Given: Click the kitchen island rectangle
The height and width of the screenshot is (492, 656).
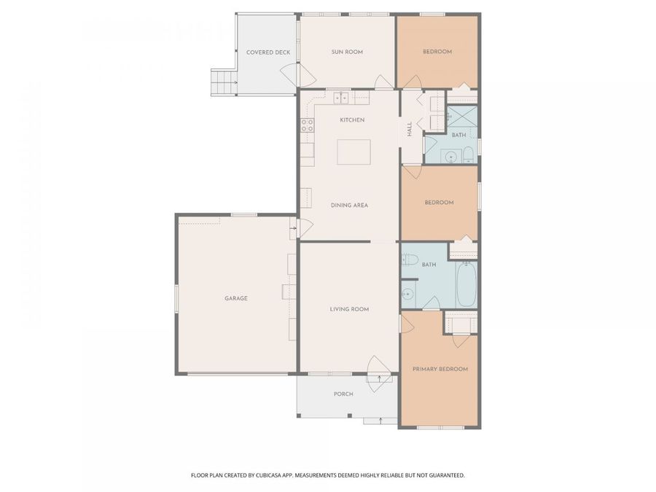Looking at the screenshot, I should pos(354,153).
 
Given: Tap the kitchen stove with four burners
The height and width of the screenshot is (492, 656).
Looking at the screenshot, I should pos(307,124).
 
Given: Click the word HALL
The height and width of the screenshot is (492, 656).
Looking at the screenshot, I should pos(410,128).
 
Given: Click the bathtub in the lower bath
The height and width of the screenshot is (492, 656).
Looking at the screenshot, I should pos(466,286).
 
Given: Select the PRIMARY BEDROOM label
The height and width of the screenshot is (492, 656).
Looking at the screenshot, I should pos(440,370).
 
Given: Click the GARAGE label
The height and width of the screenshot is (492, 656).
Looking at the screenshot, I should pos(235,298).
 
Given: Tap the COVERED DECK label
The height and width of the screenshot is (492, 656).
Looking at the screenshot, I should pos(268,52).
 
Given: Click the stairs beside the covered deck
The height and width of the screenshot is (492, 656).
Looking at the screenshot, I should pos(224,82).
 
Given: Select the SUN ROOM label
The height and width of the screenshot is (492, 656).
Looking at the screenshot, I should pos(347,52).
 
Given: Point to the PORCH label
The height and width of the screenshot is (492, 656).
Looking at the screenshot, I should pos(343,394).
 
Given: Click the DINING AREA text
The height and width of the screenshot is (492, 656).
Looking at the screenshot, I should pos(349,206).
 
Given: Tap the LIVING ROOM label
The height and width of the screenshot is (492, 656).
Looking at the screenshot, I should pos(349,310).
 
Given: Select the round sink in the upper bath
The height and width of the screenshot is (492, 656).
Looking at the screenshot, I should pos(449,155).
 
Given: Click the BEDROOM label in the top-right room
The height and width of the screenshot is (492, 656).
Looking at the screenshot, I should pos(437,52).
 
